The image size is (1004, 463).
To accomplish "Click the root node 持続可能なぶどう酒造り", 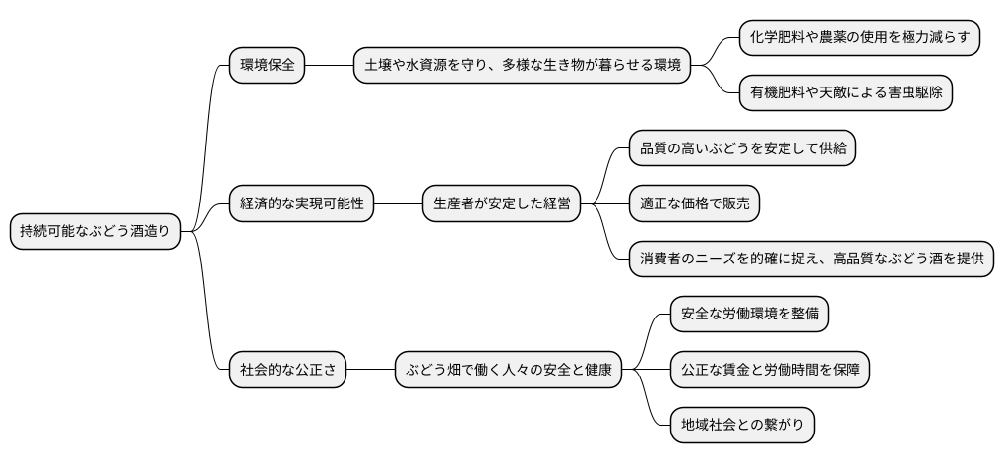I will pyautogui.click(x=95, y=232).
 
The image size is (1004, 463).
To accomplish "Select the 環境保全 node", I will pyautogui.click(x=267, y=66).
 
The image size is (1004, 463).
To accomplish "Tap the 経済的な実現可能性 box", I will pyautogui.click(x=302, y=204).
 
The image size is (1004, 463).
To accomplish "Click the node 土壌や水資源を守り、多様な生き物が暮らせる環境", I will pyautogui.click(x=521, y=66).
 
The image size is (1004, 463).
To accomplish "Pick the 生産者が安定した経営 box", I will pyautogui.click(x=501, y=204).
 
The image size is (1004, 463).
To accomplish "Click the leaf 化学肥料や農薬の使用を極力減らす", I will pyautogui.click(x=859, y=37).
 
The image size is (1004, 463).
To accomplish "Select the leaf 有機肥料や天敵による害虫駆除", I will pyautogui.click(x=846, y=93).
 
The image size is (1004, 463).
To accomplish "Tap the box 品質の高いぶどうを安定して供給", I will pyautogui.click(x=742, y=148).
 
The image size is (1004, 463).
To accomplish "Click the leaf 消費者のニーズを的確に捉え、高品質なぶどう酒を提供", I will pyautogui.click(x=811, y=260).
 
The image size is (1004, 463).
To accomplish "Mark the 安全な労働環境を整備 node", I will pyautogui.click(x=749, y=315).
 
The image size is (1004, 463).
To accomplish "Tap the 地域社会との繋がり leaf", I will pyautogui.click(x=742, y=426).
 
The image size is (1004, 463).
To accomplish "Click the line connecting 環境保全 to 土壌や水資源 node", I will pyautogui.click(x=329, y=66).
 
